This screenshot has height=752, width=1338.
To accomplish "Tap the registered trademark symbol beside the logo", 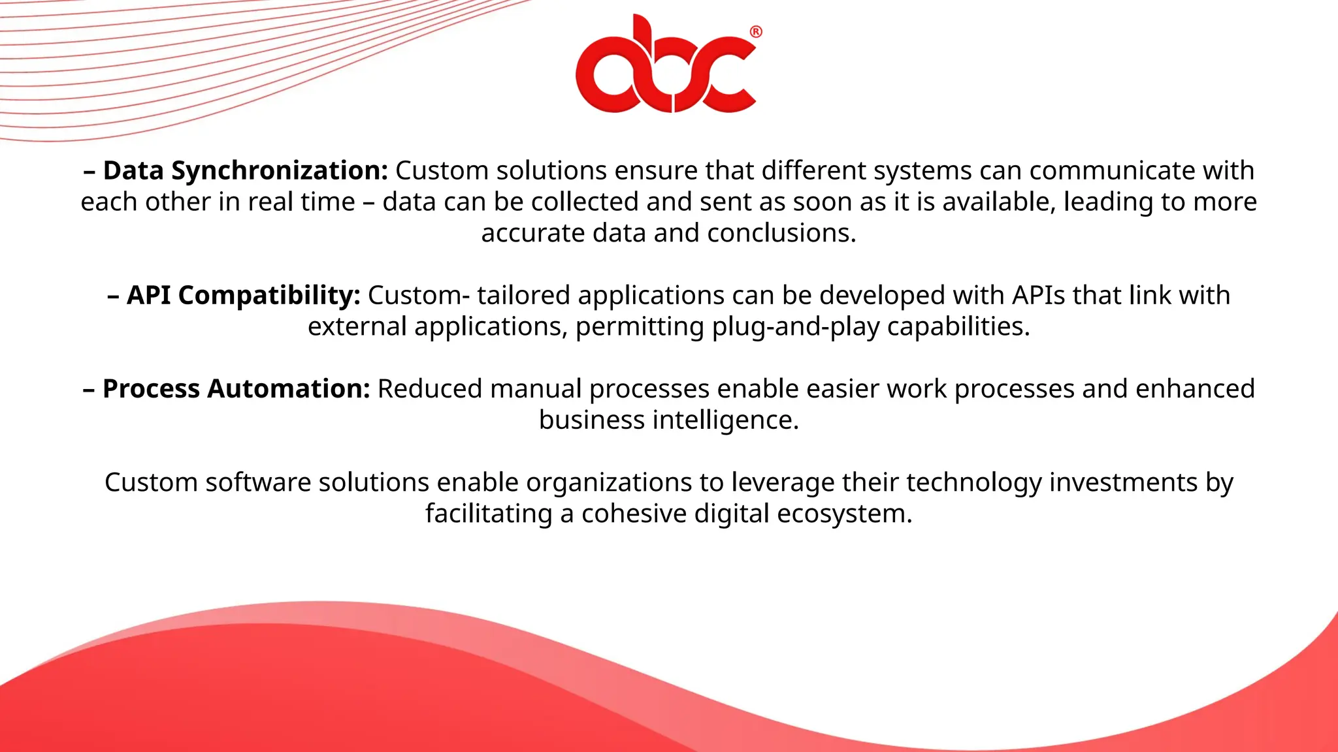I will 756,31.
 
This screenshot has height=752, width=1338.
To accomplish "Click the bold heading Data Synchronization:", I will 245,170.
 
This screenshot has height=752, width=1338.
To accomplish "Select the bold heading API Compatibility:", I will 242,295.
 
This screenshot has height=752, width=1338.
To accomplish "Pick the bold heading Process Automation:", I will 236,388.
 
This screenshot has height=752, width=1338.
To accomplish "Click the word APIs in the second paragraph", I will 1039,295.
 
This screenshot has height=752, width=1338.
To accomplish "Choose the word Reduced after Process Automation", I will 429,388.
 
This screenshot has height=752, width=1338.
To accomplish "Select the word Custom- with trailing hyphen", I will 418,295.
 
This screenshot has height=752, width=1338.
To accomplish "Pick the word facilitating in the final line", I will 489,514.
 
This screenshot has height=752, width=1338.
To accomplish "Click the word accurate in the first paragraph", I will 532,233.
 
